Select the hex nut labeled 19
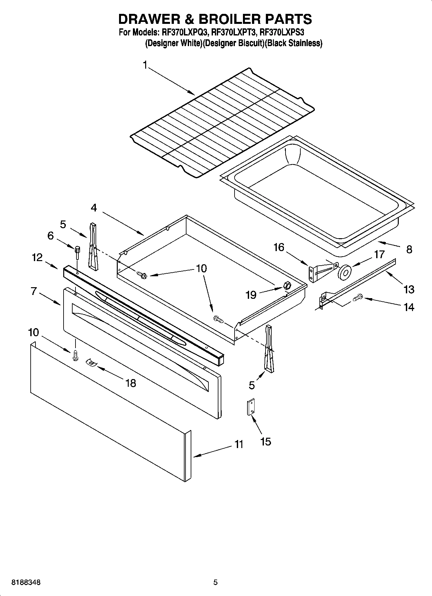coord(286,285)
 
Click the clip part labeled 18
coord(92,363)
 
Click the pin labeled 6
coord(77,252)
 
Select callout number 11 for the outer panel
coord(238,445)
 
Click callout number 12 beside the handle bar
coord(37,257)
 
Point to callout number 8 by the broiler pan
coord(409,249)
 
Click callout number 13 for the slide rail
coord(408,289)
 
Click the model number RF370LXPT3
coord(235,33)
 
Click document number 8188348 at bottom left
coord(26,582)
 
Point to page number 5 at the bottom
coord(216,582)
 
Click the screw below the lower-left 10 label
coord(76,356)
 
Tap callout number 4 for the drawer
coord(94,208)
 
